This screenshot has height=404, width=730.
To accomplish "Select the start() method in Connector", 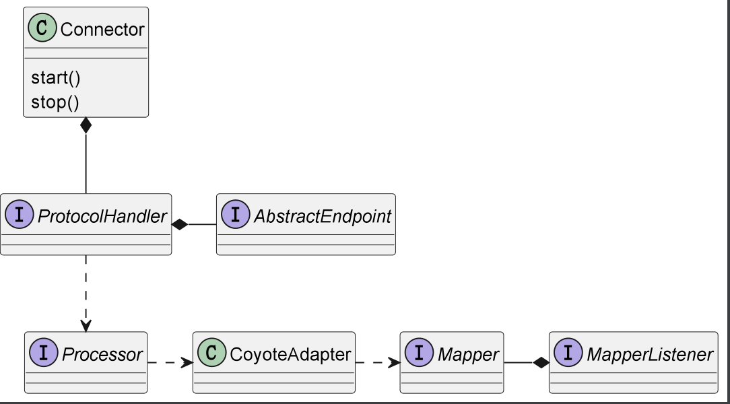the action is pos(56,77).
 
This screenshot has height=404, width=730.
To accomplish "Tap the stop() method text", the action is pos(55,102).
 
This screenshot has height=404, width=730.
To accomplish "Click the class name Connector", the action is pos(102,30).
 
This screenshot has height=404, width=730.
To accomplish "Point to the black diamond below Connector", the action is pos(86,126).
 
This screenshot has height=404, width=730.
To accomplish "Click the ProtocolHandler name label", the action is pos(102,216).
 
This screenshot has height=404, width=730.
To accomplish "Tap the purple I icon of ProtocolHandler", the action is pos(20,215).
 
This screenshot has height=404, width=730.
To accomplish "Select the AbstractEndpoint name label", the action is pos(322,216).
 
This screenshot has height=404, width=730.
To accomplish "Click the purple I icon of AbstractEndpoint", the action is pos(236,215).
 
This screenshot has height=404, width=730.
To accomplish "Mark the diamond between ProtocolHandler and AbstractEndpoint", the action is pos(180,224).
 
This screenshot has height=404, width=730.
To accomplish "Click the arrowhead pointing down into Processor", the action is pos(86,326).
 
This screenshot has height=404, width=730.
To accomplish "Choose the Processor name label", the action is pos(102,355).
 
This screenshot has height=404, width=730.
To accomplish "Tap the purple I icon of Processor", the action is pos(44,353).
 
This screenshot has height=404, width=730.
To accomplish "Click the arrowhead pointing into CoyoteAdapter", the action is pos(187,362).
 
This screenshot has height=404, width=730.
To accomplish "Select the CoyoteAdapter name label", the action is pos(290,355).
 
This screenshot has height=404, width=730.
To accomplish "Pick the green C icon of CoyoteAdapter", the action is pos(212,353).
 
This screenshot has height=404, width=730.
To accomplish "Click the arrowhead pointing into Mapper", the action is pos(395,362).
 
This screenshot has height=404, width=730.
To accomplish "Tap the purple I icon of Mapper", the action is pos(420,353).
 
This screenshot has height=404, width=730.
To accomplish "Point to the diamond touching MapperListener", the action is pos(541,362).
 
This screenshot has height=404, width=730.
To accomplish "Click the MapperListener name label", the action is pos(650,355).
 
